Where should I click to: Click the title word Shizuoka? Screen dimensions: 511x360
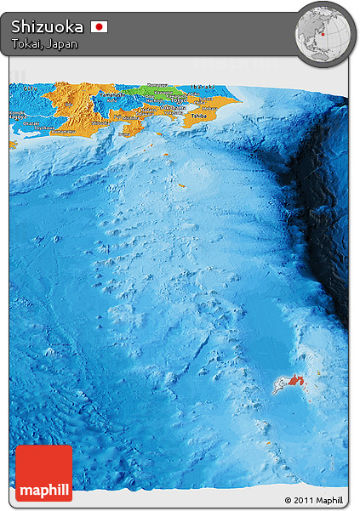pyautogui.click(x=48, y=26)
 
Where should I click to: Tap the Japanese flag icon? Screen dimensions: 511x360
pyautogui.click(x=99, y=27)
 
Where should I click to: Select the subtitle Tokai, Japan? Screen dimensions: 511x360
pyautogui.click(x=44, y=44)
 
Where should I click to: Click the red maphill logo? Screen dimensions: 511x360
pyautogui.click(x=43, y=473)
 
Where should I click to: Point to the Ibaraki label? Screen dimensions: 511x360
pyautogui.click(x=203, y=87)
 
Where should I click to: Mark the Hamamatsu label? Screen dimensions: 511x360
pyautogui.click(x=61, y=132)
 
